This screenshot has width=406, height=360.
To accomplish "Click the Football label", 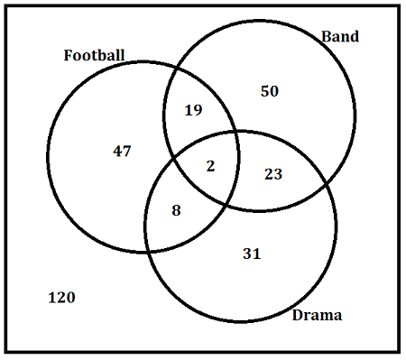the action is coord(94,55).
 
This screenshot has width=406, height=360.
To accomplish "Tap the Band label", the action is coord(340,36).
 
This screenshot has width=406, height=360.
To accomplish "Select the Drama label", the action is coord(317,315).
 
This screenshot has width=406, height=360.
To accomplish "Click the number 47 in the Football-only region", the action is coord(122,151).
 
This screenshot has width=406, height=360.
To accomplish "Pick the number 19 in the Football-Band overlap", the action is coord(193,110).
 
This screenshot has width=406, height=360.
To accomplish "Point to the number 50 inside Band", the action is coord(270,91).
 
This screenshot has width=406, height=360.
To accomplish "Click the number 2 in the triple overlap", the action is coord(210,166).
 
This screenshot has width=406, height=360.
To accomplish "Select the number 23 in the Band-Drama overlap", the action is coord(273,174).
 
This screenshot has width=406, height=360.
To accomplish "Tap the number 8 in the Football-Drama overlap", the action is coord(177,210).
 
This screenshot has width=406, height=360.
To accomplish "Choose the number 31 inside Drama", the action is coord(252,254).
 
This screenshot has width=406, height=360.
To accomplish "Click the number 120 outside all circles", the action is coord(61,298).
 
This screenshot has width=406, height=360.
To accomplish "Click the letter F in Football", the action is coord(69,55).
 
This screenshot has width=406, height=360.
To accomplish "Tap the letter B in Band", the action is coord(326,36).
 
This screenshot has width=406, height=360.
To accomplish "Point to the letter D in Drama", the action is coord(298,315).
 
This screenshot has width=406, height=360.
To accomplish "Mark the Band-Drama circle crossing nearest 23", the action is coord(327,183).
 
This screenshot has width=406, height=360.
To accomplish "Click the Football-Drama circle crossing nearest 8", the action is coord(148,251).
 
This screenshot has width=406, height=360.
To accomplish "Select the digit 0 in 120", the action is coord(70,298).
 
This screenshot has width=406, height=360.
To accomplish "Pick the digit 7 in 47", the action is coord(127,152).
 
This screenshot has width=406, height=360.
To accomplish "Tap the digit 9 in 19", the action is coord(198,110).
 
